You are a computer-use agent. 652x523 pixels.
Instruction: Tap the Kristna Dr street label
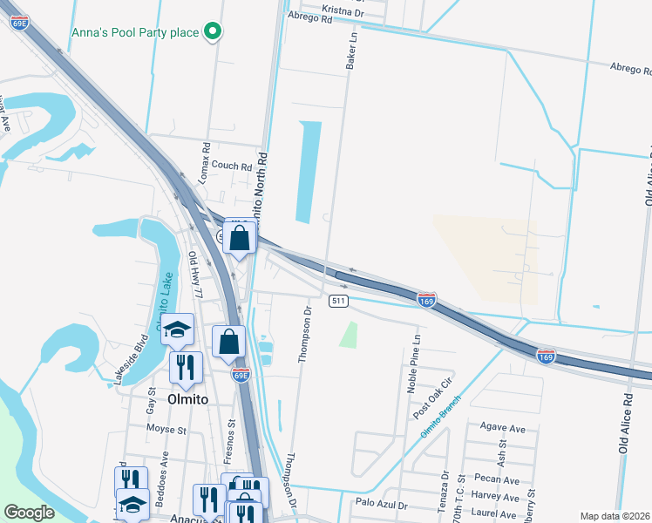point(341,10)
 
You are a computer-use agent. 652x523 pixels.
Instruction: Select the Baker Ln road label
point(352,52)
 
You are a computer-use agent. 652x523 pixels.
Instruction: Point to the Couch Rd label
point(231,166)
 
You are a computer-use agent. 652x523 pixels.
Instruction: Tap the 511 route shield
point(340,301)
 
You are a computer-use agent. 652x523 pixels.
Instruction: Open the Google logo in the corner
point(30,513)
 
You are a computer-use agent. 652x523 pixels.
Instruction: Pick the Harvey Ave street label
point(496,497)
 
